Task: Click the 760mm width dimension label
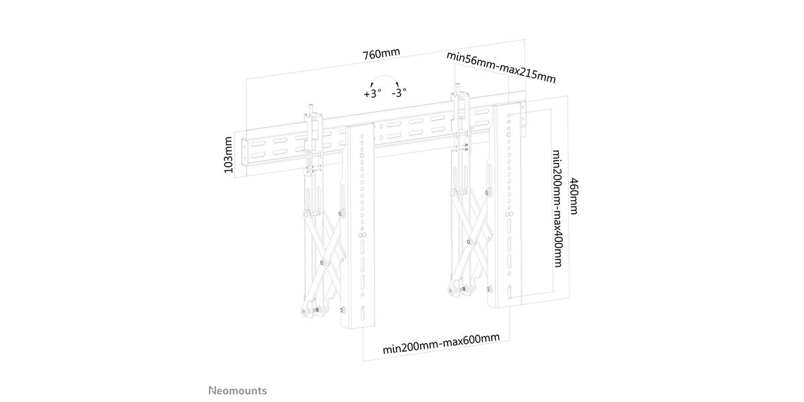pos(381,54)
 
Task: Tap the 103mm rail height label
pos(228,155)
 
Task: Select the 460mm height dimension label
pos(574,196)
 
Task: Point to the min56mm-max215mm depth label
pos(501,67)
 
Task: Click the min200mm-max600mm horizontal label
pos(441,344)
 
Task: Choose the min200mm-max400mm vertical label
pos(556,208)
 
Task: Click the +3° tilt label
pos(373,94)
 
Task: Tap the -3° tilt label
pos(399,92)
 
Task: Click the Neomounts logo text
pos(238,391)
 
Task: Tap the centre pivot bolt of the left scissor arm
pos(323,263)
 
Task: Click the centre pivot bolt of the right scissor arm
pos(470,242)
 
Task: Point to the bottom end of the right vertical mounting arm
pos(505,304)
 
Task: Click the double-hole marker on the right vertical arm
pos(509,214)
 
